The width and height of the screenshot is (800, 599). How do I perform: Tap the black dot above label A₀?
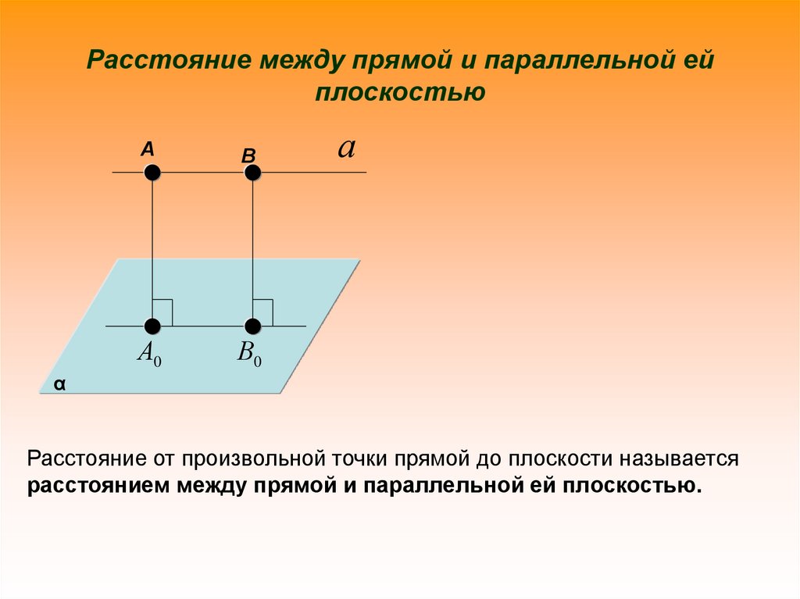(x=152, y=326)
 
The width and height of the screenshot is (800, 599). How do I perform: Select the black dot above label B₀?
(x=252, y=326)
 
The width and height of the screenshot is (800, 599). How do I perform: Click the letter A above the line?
(x=147, y=148)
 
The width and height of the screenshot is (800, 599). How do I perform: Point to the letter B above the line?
(x=248, y=156)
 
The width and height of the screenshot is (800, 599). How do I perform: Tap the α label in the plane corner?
(x=59, y=385)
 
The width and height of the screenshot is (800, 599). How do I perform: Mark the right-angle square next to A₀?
(x=162, y=312)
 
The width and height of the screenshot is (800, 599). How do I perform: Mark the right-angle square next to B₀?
(x=262, y=312)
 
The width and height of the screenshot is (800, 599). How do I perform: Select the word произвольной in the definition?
(x=250, y=458)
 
